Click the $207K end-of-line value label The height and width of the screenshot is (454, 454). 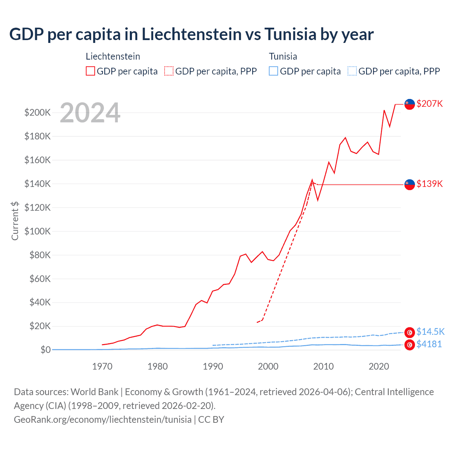point(430,104)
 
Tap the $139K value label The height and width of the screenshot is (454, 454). point(430,184)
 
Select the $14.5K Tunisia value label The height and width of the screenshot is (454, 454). point(430,332)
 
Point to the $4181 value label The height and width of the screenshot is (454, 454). point(429,344)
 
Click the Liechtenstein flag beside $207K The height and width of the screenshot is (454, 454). point(410,104)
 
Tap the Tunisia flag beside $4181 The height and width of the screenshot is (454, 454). point(410,345)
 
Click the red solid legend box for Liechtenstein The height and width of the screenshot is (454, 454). point(90,71)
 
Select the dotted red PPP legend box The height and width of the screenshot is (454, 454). point(169,71)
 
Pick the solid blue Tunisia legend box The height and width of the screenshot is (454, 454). point(273,71)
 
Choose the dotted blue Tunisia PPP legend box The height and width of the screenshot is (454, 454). point(352,71)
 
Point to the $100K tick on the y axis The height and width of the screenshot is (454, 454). point(38,231)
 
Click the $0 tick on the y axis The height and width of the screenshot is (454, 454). point(45,350)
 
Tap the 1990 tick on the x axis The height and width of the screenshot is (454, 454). point(213,366)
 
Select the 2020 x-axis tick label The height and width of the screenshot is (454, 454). point(379,366)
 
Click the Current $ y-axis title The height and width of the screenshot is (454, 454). point(15,221)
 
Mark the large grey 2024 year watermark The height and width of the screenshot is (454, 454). point(90,113)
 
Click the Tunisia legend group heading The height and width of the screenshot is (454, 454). point(283,56)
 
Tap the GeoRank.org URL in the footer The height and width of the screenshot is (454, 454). point(103,419)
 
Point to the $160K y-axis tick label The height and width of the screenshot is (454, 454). point(38,160)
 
